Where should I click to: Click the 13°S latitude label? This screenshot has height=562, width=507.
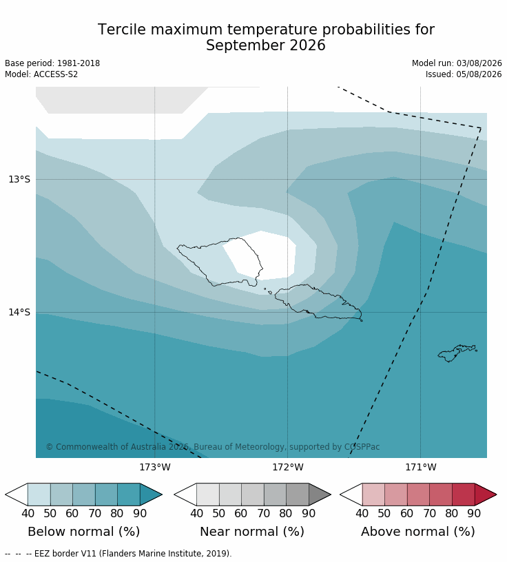click(19, 179)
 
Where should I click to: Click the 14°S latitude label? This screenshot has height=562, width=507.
click(19, 312)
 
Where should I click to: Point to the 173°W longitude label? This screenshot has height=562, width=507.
click(155, 468)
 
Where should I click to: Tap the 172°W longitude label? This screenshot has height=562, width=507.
click(288, 468)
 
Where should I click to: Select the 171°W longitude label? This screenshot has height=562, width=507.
click(421, 468)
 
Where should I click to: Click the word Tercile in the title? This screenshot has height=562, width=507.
click(122, 30)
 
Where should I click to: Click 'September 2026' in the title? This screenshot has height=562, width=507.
click(266, 45)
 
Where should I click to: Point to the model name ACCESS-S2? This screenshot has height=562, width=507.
click(56, 74)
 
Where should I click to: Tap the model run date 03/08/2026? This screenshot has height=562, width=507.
click(479, 63)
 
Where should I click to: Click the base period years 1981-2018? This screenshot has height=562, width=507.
click(79, 63)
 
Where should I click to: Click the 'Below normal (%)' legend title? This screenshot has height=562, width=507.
click(83, 532)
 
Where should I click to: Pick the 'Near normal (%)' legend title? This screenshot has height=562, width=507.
click(252, 532)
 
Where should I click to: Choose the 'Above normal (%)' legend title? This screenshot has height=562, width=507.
click(418, 532)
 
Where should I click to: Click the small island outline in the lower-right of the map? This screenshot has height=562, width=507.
click(457, 353)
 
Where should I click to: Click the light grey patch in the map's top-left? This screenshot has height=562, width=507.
click(118, 100)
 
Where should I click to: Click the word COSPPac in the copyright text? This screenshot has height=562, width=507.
click(362, 447)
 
